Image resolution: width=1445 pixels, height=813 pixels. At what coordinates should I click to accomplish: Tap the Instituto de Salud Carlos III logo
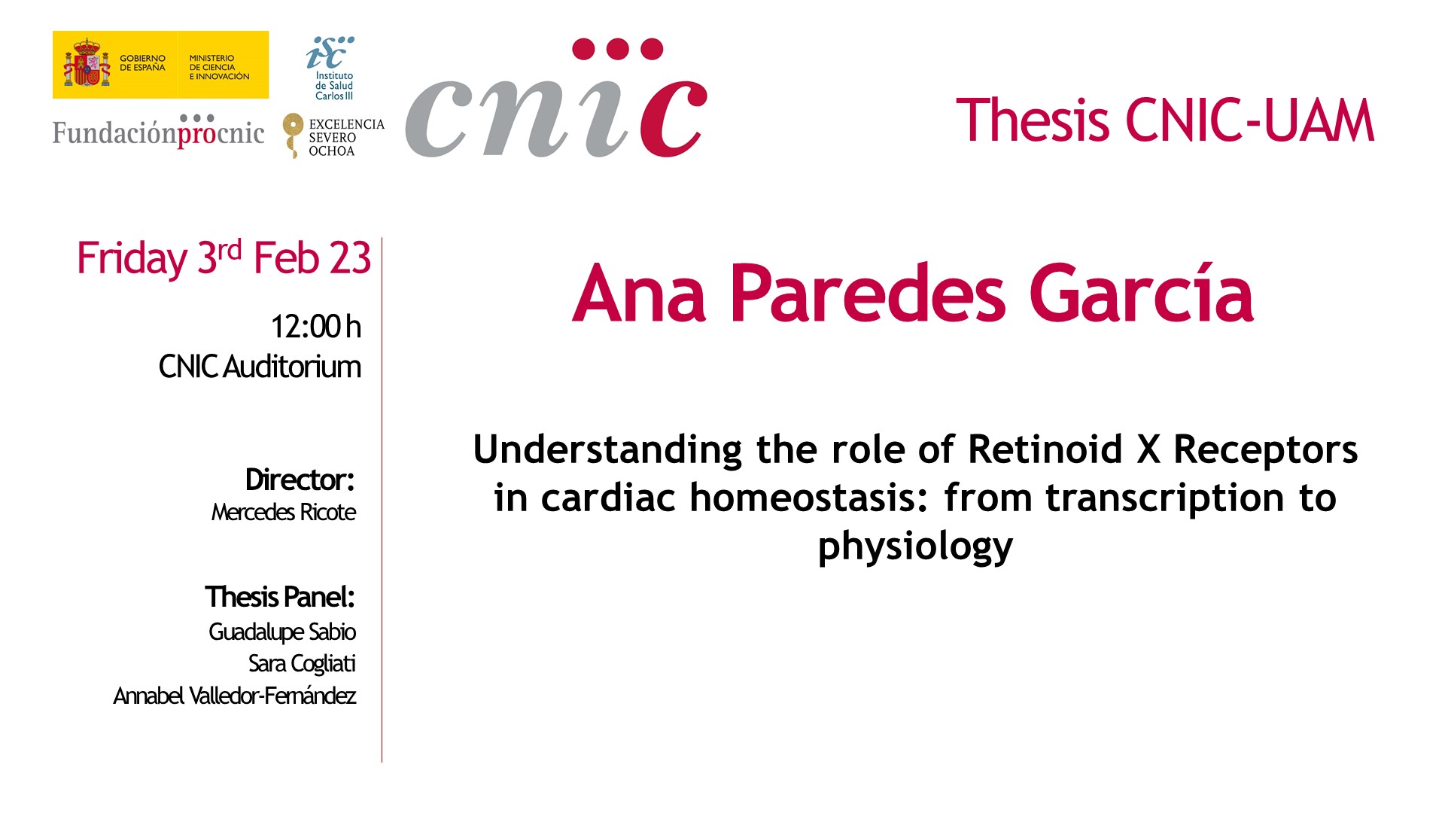[x=332, y=69]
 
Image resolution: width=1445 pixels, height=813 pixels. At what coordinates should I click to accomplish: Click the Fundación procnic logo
[x=158, y=132]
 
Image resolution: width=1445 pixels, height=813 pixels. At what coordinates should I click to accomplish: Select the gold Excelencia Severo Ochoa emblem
[x=292, y=135]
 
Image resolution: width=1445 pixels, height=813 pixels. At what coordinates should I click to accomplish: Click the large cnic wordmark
[x=556, y=98]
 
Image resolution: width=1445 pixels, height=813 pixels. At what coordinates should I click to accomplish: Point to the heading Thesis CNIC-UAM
[x=1165, y=120]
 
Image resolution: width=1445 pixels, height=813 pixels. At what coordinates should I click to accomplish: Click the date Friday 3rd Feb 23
[x=224, y=258]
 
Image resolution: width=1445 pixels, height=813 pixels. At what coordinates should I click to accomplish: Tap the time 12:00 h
[x=316, y=327]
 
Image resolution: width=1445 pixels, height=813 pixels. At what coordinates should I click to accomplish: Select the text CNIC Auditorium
[x=260, y=367]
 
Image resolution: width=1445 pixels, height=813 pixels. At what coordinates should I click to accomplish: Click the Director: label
[x=300, y=480]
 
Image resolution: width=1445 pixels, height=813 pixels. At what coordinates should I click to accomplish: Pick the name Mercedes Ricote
[x=284, y=512]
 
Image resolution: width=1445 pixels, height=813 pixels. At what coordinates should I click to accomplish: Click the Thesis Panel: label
[x=280, y=597]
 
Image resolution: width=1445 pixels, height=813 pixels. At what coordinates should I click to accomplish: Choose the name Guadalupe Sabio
[x=282, y=632]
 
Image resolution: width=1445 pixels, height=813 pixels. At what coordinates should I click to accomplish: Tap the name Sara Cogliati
[x=302, y=663]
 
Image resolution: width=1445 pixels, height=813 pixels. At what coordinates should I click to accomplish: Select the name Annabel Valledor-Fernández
[x=235, y=696]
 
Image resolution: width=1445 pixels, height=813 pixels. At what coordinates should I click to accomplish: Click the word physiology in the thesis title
[x=915, y=547]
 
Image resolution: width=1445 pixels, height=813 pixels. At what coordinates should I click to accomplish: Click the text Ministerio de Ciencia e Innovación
[x=219, y=67]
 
